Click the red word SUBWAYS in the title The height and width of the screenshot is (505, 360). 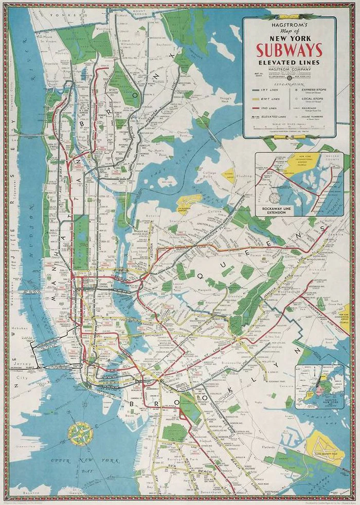click(x=290, y=50)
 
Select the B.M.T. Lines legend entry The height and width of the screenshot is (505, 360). click(x=267, y=99)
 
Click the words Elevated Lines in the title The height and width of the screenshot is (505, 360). click(x=290, y=63)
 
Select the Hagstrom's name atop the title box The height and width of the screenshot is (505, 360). click(x=290, y=24)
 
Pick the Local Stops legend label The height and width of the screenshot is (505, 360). click(x=313, y=99)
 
